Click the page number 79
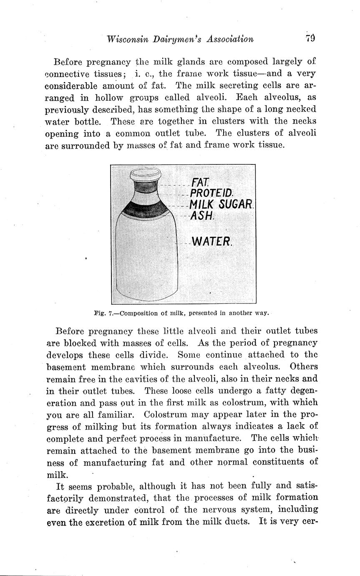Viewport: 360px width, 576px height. (310, 39)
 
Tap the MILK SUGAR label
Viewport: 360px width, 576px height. (221, 205)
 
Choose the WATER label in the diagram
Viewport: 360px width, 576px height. (211, 242)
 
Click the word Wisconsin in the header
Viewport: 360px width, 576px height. (128, 39)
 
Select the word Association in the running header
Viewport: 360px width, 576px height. (227, 39)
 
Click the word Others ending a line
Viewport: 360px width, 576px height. (303, 367)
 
